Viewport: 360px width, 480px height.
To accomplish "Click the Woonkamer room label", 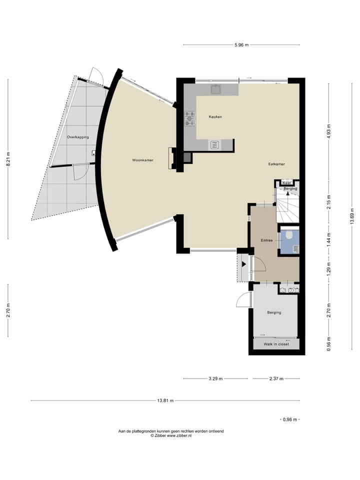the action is coord(142,160).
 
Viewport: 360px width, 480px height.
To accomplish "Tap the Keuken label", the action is coord(215,116).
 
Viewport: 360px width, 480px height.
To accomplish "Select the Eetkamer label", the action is coord(276,164).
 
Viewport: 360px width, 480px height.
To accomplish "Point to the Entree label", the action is coord(266,240).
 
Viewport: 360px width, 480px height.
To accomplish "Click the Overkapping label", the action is coord(78,137).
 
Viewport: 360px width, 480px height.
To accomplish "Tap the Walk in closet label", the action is coord(276,344).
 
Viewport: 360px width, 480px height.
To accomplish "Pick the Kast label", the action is coord(286,183).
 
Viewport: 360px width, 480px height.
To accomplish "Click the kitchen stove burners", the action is coord(189,118).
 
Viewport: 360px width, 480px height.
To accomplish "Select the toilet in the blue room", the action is coord(288,235).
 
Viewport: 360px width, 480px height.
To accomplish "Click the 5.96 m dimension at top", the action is coord(241,45).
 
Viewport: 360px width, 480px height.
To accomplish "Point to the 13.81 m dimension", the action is coord(165,400).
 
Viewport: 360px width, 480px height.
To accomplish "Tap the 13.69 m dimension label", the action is coord(352,216).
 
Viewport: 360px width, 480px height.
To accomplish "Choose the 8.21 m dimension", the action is coord(8,159).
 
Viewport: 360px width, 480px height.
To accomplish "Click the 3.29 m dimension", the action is coord(215,378).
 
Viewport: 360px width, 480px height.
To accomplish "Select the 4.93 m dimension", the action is coord(329,132).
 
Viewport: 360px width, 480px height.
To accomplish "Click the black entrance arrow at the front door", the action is coord(244,264).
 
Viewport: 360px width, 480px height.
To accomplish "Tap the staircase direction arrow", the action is coord(287,198).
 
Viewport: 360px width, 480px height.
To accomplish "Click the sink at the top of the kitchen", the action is coord(215,89).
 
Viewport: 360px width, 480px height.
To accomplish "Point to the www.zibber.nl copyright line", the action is coord(171,435).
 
